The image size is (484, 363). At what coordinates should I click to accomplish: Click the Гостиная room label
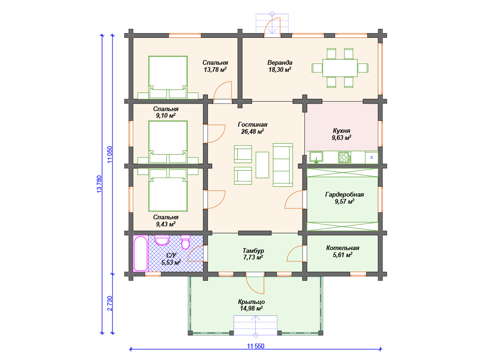click(252, 128)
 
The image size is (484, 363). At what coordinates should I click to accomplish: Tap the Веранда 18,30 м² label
click(280, 66)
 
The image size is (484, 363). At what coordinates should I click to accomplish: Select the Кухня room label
click(341, 134)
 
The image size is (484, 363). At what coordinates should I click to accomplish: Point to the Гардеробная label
click(345, 198)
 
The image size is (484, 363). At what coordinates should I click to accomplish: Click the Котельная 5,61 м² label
click(343, 251)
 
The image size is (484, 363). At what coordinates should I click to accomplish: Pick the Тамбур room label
click(253, 254)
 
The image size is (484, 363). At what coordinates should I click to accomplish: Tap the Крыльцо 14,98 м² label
click(251, 305)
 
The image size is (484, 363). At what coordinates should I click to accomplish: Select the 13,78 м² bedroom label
click(215, 66)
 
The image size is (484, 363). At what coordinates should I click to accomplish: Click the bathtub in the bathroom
click(140, 253)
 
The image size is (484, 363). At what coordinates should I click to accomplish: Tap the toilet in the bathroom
click(185, 242)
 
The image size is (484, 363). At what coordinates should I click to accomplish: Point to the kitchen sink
click(316, 157)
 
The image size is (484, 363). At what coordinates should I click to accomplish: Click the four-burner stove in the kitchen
click(344, 157)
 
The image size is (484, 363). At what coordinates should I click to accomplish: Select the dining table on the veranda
click(340, 68)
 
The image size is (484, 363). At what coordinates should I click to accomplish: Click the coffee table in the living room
click(262, 164)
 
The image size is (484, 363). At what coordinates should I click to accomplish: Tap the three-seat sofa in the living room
click(283, 165)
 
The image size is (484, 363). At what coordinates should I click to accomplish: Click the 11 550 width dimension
click(256, 346)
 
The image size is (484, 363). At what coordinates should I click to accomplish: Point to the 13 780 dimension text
click(99, 184)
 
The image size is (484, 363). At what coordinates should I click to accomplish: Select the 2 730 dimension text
click(110, 303)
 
